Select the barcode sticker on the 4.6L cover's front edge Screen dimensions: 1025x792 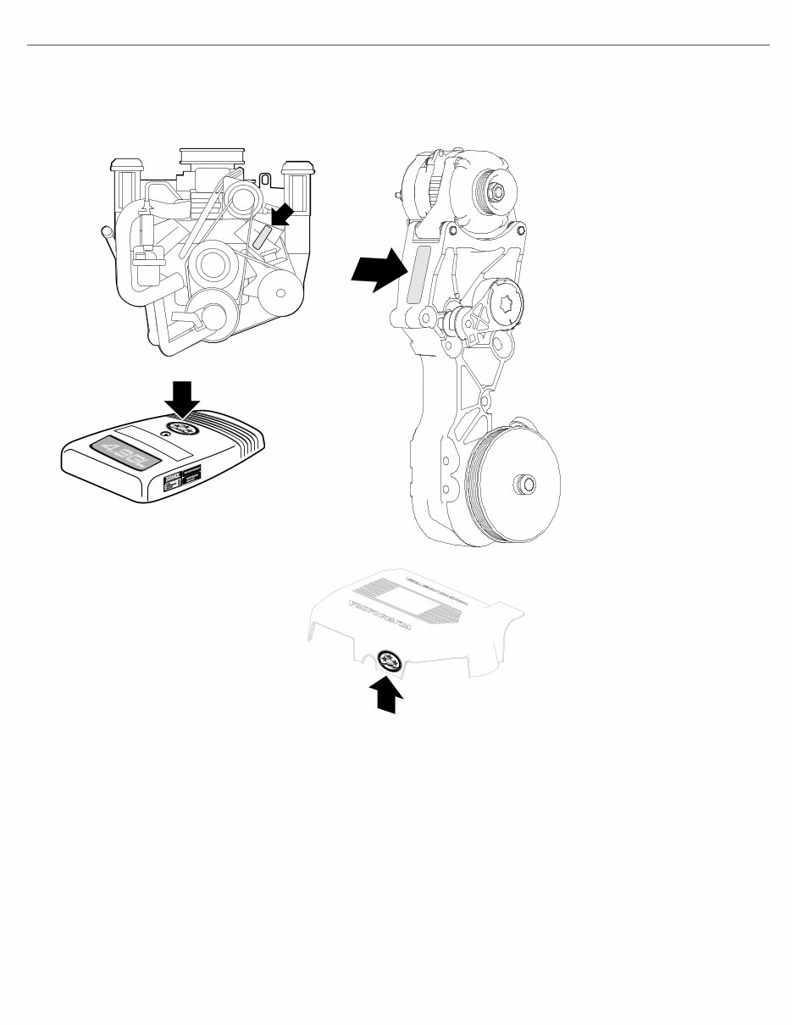pos(180,480)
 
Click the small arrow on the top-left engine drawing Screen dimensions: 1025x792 pos(284,215)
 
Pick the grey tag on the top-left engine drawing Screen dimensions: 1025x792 pos(263,235)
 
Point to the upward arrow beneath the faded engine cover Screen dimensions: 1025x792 pos(385,695)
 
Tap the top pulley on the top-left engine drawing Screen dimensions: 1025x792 pos(242,198)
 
